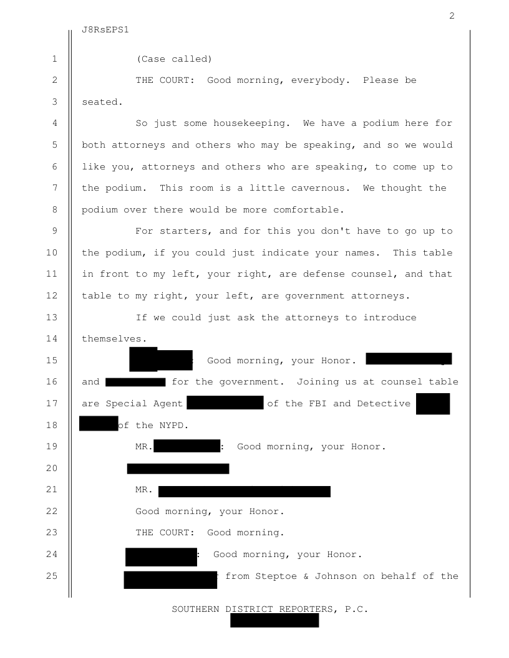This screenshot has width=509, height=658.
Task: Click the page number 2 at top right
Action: (x=452, y=16)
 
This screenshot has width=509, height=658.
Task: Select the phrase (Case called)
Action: (x=174, y=59)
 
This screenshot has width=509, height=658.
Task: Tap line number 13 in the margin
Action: (x=52, y=317)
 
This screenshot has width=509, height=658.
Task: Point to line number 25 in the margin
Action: (x=52, y=576)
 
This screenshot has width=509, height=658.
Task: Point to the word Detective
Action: (x=384, y=403)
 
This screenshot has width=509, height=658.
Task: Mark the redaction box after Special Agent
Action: (x=225, y=403)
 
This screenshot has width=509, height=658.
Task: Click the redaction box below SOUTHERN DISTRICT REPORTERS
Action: (x=274, y=620)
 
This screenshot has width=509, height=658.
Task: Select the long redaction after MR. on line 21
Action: (x=245, y=492)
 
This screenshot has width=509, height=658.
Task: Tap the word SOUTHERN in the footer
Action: (x=196, y=609)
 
